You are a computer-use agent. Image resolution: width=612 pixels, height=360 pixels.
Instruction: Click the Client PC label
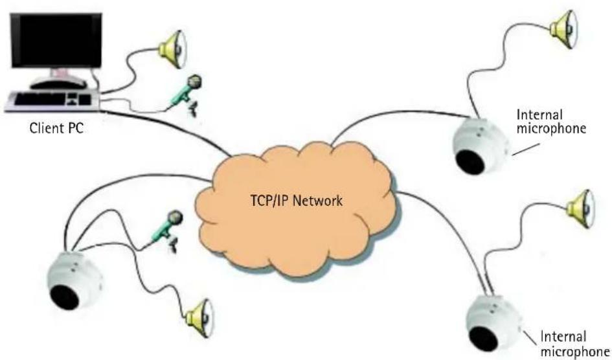56,129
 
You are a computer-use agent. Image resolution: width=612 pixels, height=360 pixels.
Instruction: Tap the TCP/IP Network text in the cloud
296,201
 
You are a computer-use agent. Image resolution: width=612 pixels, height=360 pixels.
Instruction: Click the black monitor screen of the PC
56,41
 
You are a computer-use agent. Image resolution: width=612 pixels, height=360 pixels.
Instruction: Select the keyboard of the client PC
53,100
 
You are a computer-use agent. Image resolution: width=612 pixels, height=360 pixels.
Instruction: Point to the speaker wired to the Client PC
173,49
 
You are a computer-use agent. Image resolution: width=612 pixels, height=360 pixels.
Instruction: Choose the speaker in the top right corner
564,29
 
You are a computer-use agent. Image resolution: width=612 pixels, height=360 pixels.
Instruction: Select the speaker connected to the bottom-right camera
581,209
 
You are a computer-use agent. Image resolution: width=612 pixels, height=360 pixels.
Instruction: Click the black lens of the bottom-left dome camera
65,297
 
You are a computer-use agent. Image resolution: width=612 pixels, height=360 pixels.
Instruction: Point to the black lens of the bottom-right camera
484,339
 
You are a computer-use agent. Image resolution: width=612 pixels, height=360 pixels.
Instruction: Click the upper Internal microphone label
551,121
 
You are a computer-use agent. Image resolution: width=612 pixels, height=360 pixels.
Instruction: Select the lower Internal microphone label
574,343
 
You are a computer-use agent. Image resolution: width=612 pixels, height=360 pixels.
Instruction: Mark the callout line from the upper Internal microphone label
526,150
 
